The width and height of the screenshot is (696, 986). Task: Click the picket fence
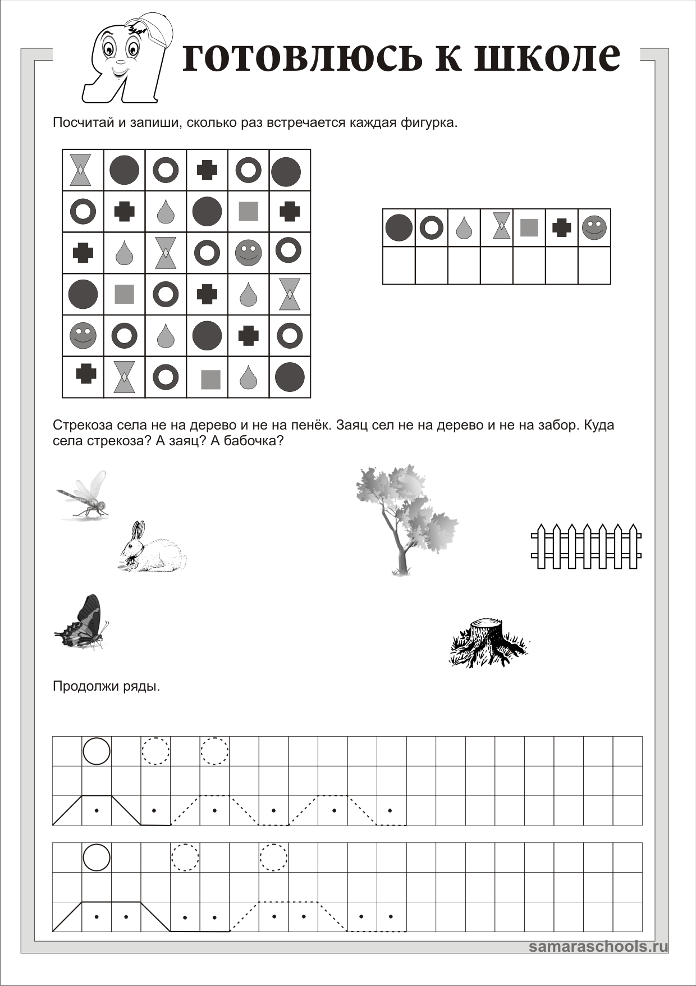(x=586, y=546)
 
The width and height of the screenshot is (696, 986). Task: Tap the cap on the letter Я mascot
(x=148, y=28)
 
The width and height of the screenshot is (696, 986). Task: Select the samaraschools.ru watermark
(x=598, y=947)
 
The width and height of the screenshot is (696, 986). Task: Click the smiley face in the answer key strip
(x=594, y=228)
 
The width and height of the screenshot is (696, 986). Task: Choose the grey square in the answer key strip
(x=529, y=228)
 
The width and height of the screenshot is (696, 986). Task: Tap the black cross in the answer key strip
(x=562, y=228)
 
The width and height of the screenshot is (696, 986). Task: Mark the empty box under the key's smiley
(x=594, y=265)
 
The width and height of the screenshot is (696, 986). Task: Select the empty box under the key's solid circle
(x=399, y=265)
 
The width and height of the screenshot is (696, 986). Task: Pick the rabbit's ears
(x=137, y=530)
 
